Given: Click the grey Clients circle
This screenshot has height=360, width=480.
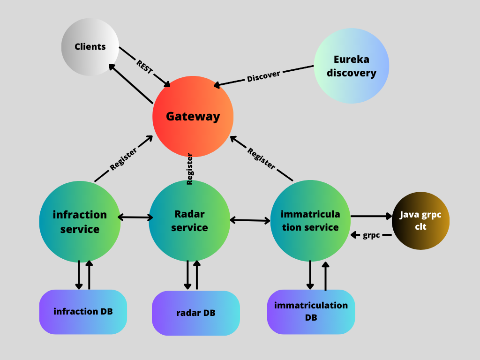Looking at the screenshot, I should point(90,47).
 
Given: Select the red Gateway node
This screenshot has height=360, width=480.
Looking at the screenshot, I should point(193,116).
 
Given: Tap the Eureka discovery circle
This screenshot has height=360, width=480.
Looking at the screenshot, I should point(351,66).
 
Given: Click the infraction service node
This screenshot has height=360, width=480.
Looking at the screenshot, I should point(80,222).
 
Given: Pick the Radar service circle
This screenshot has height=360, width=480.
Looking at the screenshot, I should point(189,221).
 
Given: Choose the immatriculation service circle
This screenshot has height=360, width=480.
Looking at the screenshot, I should point(310,221).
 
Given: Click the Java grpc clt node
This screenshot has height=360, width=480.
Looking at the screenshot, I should point(420,220).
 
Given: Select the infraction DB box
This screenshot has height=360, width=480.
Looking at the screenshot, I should point(83,312).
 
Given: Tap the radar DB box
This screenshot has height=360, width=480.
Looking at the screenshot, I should point(195,313).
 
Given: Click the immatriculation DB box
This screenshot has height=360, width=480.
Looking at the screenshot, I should point(311,311).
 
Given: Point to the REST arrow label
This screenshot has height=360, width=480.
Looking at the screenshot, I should point(144,67).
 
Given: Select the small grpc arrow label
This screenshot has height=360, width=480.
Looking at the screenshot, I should point(371,235).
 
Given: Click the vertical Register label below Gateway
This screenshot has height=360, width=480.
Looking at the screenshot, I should point(190,169).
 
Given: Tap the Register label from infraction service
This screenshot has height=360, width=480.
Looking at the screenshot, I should point(123,159).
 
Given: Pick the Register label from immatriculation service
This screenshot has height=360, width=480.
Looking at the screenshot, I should point(261,158).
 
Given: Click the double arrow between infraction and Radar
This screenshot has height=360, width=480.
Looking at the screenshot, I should point(135,217).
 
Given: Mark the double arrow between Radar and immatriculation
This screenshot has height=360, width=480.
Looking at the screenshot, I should point(250,220).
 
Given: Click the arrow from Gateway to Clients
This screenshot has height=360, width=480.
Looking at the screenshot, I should point(131,84).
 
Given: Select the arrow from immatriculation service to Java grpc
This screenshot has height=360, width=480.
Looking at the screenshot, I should point(371,216).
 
